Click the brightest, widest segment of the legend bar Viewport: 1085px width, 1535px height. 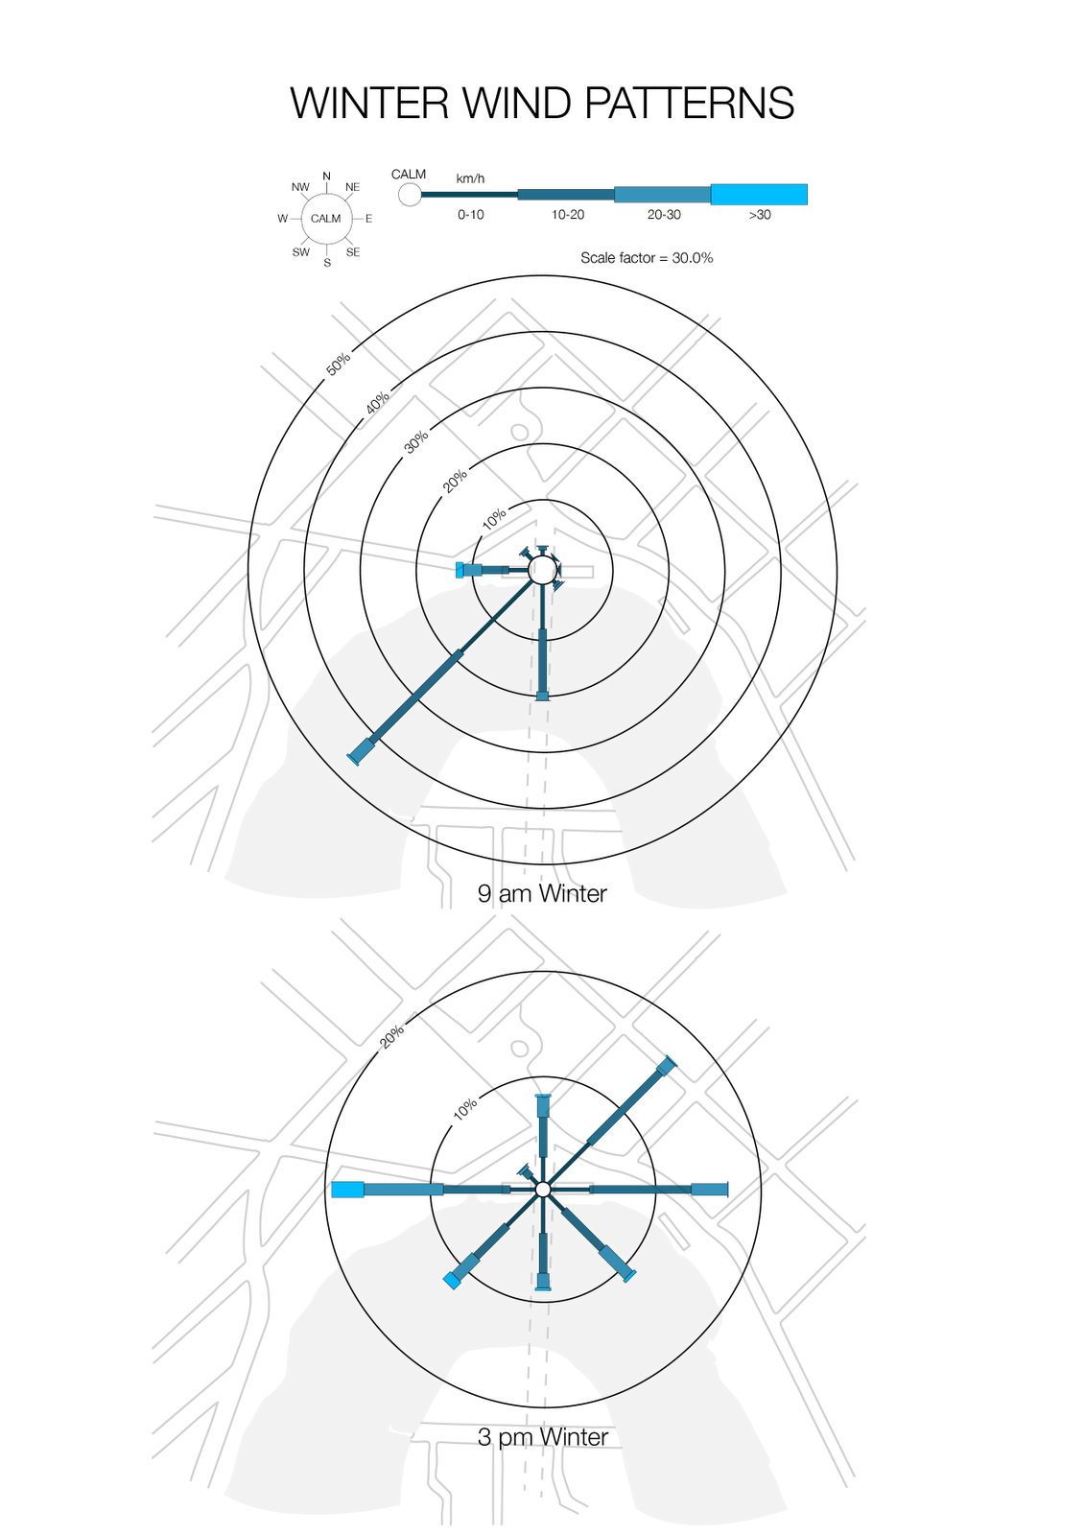pos(759,194)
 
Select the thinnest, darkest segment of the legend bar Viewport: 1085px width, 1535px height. pos(469,195)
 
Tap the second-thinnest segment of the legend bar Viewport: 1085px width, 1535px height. pos(566,195)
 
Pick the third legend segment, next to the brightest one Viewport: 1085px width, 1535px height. pos(662,195)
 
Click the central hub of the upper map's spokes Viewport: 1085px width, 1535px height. pos(543,571)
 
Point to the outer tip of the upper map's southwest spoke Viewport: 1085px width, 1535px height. pos(359,753)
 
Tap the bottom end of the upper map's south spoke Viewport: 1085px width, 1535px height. pos(543,695)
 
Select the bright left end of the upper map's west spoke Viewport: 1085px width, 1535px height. pos(462,570)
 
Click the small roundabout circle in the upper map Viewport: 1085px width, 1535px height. pos(520,432)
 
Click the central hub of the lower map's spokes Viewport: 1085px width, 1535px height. pos(543,1190)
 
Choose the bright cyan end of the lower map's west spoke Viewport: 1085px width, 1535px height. pos(347,1190)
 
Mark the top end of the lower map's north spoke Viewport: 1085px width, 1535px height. pos(543,1099)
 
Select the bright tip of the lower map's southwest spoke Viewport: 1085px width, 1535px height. pos(451,1280)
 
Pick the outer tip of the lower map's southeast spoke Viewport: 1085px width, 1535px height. pos(627,1275)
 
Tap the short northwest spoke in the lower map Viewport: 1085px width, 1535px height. pos(527,1173)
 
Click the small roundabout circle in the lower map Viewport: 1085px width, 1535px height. pos(520,1048)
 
